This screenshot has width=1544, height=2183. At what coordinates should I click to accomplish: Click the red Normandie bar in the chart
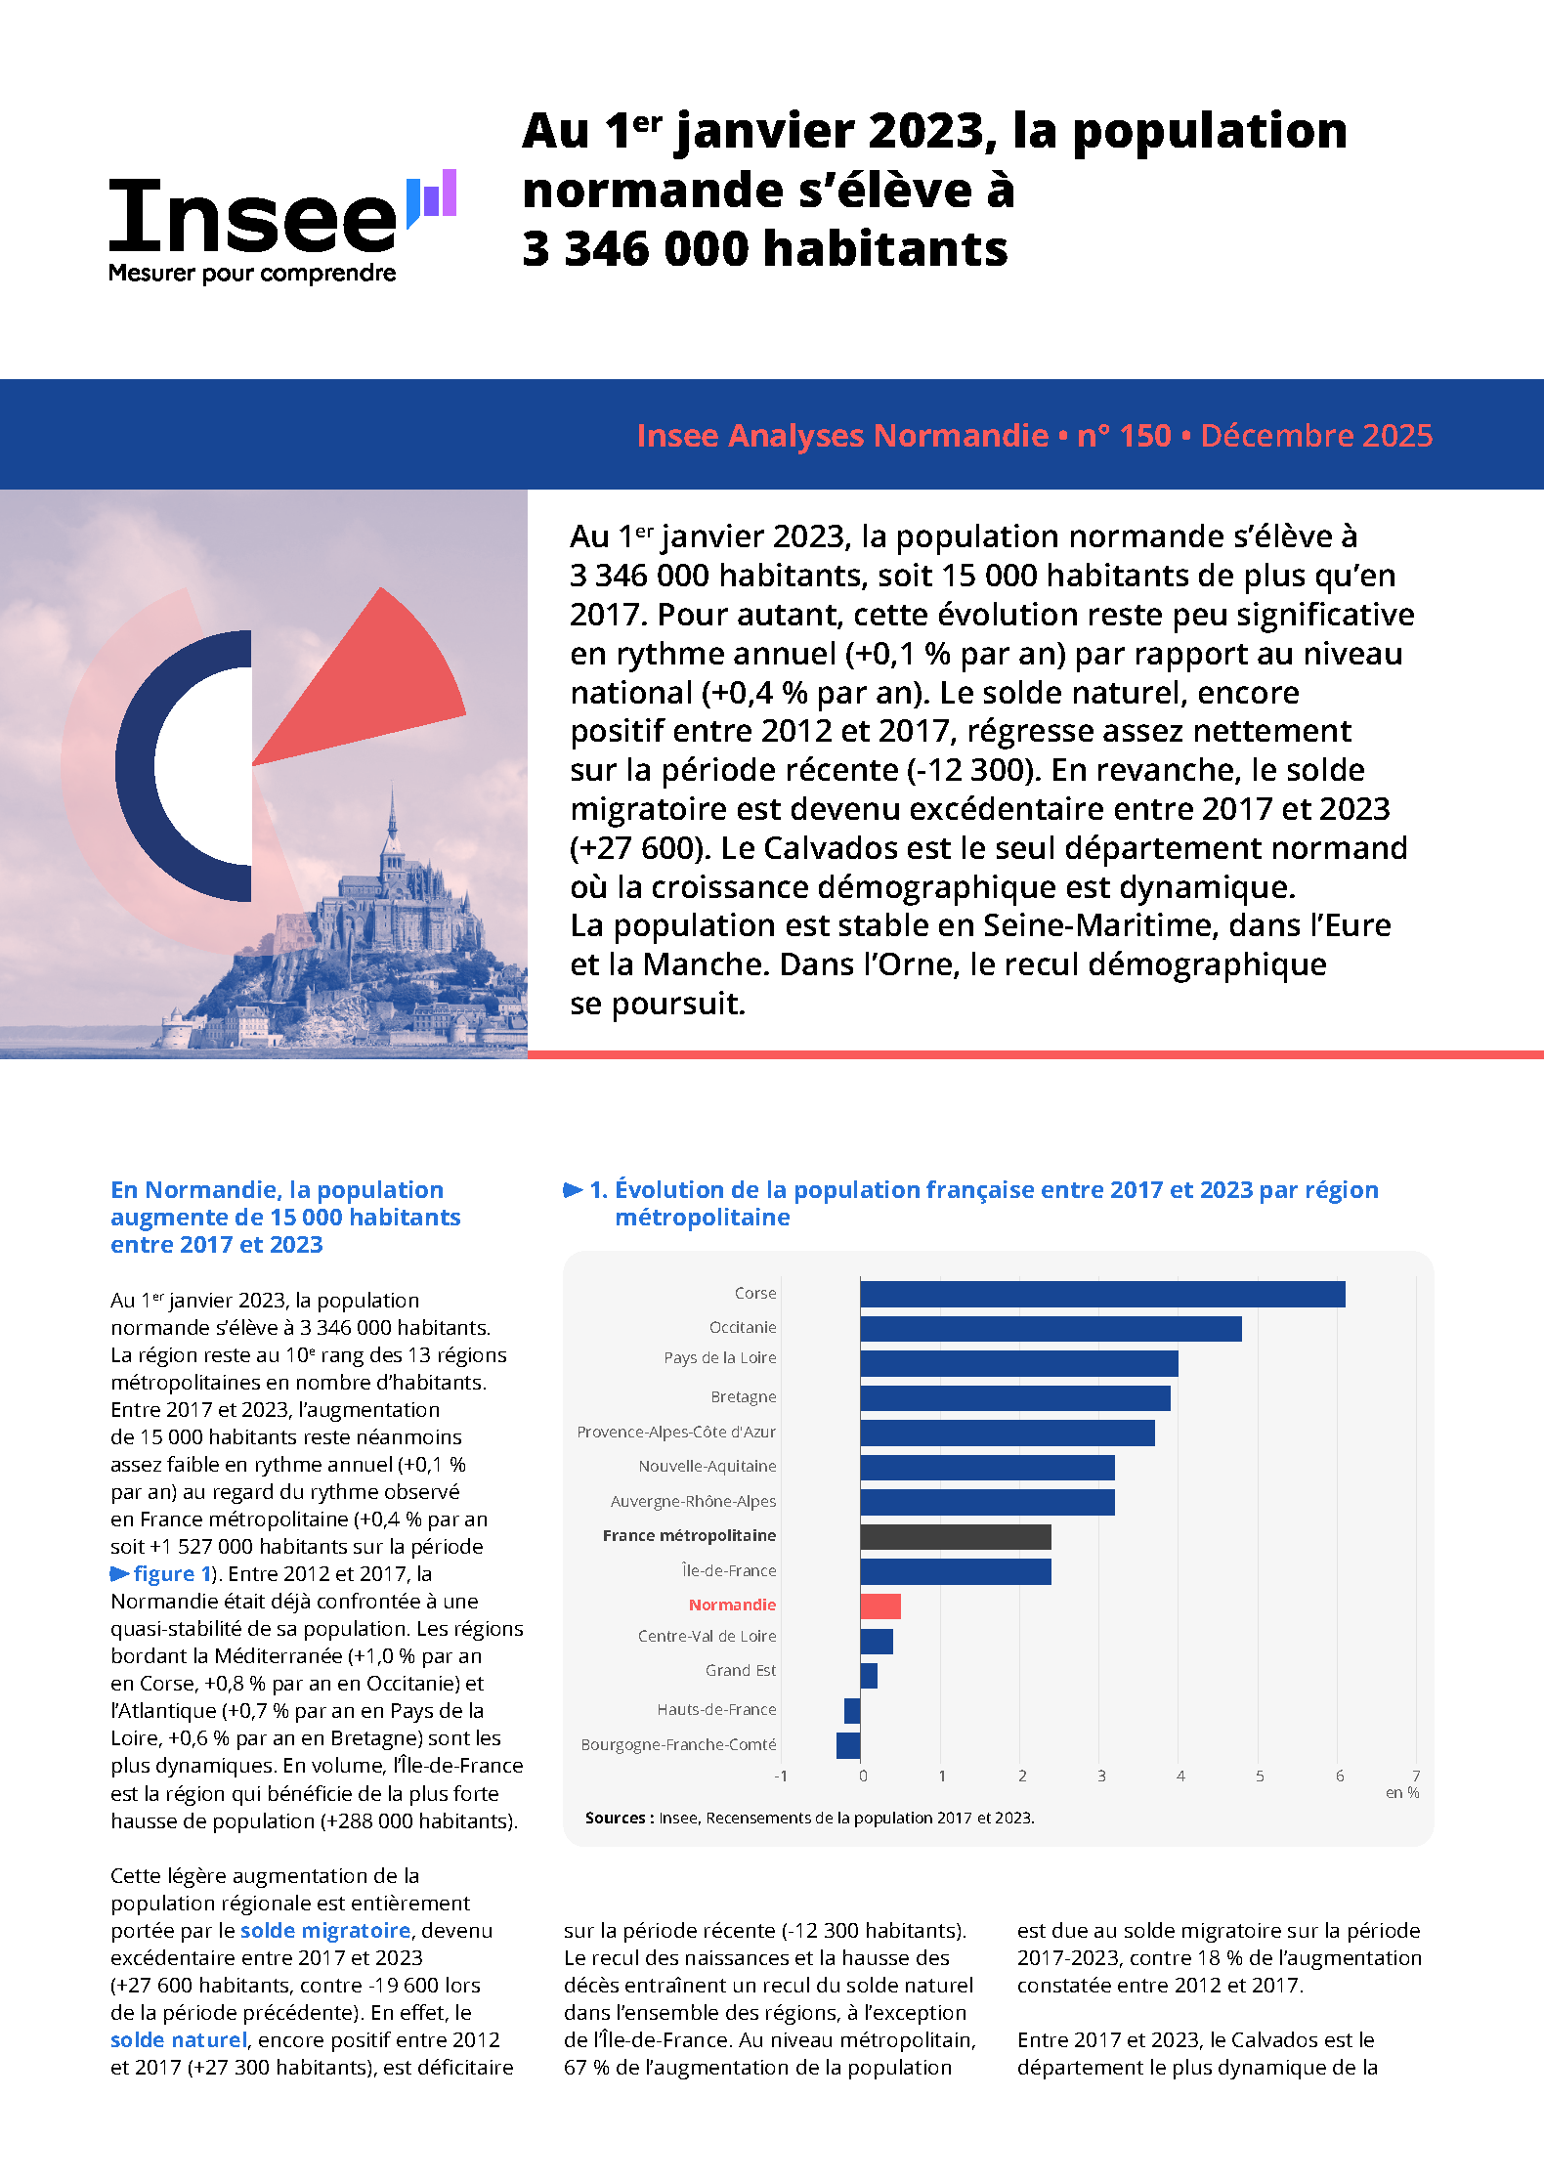[880, 1605]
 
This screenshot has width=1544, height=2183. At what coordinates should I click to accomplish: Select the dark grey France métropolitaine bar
[956, 1537]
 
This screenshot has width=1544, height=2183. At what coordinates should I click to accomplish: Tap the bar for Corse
[1102, 1294]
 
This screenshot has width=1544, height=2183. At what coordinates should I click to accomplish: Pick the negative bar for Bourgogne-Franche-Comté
[848, 1745]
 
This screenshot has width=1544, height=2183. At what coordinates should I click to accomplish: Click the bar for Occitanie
[1051, 1329]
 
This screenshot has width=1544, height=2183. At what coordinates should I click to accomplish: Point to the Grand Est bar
[869, 1676]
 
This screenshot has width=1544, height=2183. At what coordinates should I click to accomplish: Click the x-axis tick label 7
[1416, 1776]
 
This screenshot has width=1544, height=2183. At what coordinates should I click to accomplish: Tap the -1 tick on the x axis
[781, 1776]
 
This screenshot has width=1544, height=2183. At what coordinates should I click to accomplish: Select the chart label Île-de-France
[729, 1570]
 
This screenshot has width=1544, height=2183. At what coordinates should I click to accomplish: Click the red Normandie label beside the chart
[732, 1605]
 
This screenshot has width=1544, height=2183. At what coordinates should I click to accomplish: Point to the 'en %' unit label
[1402, 1792]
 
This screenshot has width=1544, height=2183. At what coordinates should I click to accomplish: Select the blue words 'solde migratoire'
[325, 1930]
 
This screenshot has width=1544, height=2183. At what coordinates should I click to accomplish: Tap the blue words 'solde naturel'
[179, 2039]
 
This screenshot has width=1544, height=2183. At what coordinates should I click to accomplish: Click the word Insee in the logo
[252, 217]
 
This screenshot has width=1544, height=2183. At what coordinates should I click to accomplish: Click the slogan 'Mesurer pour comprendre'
[252, 274]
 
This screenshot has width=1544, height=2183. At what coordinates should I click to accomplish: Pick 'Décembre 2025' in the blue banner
[1316, 435]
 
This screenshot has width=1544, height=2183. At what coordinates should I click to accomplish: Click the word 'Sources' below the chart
[615, 1818]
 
